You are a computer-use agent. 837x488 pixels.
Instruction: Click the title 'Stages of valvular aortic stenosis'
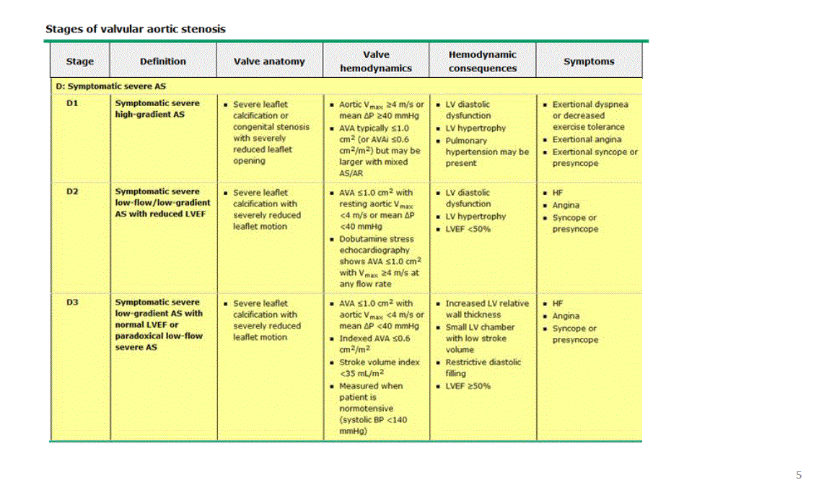(136, 30)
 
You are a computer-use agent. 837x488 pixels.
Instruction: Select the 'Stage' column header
(79, 61)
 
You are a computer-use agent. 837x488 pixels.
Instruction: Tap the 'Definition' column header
(163, 61)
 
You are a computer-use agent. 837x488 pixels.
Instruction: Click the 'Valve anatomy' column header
(269, 61)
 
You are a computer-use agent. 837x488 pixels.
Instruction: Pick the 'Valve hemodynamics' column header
(376, 61)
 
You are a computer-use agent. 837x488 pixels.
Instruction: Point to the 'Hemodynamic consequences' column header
(483, 61)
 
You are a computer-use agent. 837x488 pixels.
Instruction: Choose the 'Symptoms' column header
(589, 61)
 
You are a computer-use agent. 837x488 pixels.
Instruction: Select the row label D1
(72, 103)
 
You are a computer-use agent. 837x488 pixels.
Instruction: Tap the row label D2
(72, 192)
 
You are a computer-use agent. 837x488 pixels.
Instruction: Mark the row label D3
(72, 302)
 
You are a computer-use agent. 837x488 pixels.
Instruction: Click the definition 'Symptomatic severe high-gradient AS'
(157, 108)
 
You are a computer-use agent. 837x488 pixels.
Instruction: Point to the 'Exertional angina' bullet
(587, 139)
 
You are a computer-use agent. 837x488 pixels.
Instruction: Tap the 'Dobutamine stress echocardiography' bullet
(377, 244)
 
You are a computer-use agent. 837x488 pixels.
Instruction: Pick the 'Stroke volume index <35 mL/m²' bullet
(379, 367)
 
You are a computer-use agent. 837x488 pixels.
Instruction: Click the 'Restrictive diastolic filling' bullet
(483, 367)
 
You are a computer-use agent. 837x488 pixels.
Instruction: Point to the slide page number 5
(799, 475)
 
